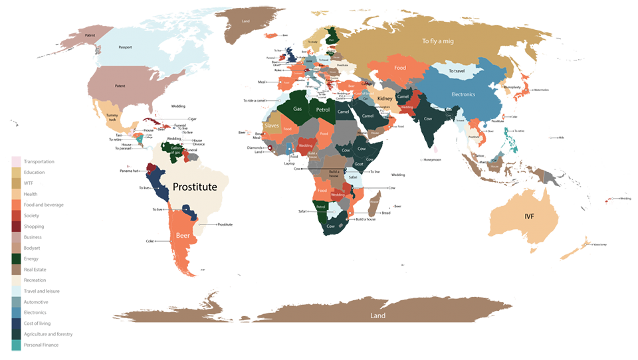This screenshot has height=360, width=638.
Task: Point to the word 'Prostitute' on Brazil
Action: pyautogui.click(x=195, y=187)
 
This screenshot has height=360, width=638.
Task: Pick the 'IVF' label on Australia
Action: pyautogui.click(x=529, y=216)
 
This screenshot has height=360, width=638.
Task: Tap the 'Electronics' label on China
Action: pyautogui.click(x=463, y=94)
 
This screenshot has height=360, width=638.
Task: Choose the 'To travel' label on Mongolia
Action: pyautogui.click(x=455, y=71)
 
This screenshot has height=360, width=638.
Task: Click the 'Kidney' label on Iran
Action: pyautogui.click(x=385, y=99)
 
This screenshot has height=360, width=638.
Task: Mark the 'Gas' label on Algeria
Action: pyautogui.click(x=298, y=108)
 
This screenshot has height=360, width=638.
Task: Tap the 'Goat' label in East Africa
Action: pyautogui.click(x=359, y=163)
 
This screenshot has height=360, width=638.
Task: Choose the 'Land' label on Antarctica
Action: pyautogui.click(x=377, y=316)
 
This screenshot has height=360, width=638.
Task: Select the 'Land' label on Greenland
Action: pyautogui.click(x=245, y=21)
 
